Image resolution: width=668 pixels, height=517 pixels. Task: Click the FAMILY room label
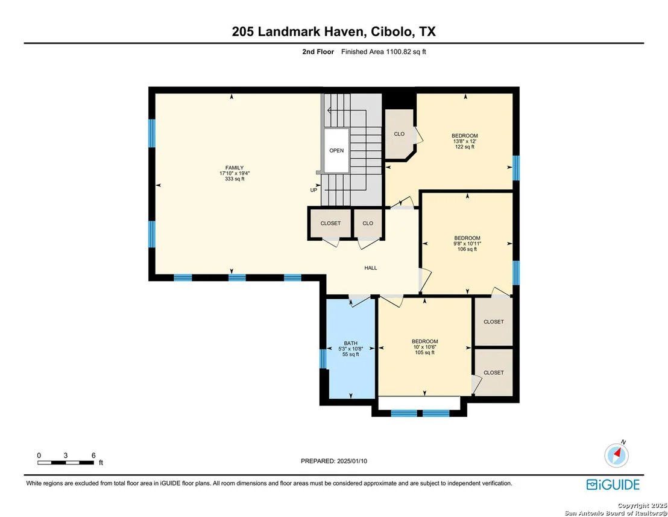[235, 168]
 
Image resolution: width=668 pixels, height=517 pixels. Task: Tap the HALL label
[371, 268]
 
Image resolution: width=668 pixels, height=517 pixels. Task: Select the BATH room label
[351, 343]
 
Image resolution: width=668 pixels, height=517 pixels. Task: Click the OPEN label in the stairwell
[336, 150]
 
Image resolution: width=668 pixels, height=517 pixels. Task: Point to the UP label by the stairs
[314, 190]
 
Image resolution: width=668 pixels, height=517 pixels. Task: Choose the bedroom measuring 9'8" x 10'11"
[467, 243]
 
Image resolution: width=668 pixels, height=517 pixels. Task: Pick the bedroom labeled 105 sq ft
[425, 347]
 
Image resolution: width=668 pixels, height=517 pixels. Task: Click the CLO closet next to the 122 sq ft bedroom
[399, 134]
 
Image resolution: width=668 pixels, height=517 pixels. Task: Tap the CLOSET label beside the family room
[330, 223]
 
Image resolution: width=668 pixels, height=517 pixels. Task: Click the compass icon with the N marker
[616, 454]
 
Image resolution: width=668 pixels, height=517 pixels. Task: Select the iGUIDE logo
[613, 484]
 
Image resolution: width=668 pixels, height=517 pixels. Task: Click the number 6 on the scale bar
[93, 455]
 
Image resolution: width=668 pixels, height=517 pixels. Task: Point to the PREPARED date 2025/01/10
[334, 461]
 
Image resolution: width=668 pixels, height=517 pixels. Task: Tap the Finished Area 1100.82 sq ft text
[383, 51]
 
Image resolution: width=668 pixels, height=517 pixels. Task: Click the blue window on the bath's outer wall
[323, 358]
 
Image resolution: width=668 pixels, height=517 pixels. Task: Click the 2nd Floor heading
[318, 51]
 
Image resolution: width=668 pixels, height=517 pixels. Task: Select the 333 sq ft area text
[235, 179]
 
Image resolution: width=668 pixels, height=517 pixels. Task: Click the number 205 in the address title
[243, 31]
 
